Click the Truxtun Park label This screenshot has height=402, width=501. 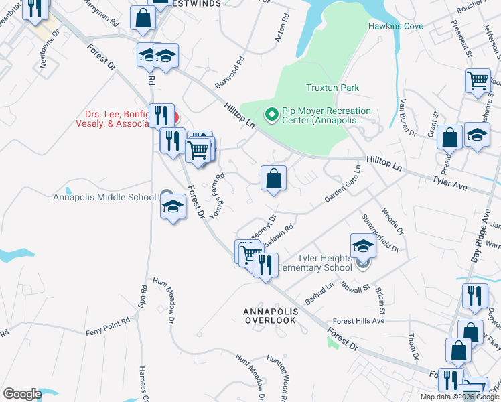point(332,88)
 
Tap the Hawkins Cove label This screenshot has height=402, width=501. point(395,27)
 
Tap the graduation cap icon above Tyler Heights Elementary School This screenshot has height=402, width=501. point(362,245)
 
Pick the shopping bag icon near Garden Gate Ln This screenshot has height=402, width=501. point(273,179)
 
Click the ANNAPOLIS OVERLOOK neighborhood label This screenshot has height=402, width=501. point(269,316)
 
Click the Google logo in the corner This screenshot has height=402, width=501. point(22,394)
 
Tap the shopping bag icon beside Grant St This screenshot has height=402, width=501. point(451,138)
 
